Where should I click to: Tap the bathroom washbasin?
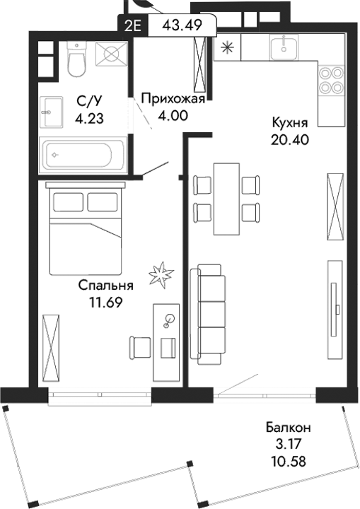coord(51,107)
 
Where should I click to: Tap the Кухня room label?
coord(290,122)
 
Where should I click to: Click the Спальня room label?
coord(105,286)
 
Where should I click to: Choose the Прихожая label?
coord(173,99)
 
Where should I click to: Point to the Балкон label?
coord(289,428)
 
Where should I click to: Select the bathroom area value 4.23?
coord(91,119)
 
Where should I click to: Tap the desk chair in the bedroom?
coord(139,347)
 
